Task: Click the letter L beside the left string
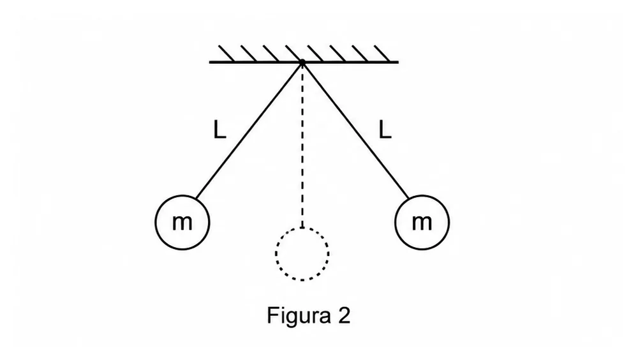pos(219,130)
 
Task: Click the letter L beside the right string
pos(385,130)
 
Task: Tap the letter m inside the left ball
pos(182,222)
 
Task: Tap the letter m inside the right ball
pos(422,222)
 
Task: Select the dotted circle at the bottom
pos(276,253)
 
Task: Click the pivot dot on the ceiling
pos(302,63)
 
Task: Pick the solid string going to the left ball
pos(249,131)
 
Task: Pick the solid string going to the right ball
pos(355,131)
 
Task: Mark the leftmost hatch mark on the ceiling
pos(226,54)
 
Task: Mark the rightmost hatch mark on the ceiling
pos(382,54)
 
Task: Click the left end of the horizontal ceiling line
pos(210,63)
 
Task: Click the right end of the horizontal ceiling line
pos(398,63)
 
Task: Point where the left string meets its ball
pos(196,199)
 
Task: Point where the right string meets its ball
pos(408,199)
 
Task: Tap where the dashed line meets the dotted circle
pos(302,227)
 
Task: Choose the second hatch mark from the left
pos(249,54)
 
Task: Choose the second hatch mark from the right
pos(360,54)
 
